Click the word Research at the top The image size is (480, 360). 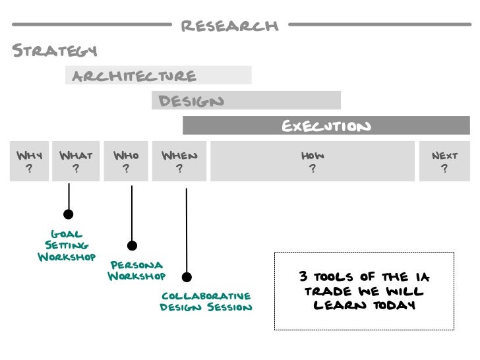pos(229,26)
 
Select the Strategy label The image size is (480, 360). pos(55,51)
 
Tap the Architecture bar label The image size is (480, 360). pos(134,76)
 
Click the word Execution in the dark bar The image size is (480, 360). pos(326,126)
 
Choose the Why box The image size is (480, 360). pos(28,162)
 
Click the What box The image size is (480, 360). pos(76,162)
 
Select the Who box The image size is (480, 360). pos(126,162)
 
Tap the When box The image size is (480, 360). pos(179,162)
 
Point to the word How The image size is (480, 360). pos(313,156)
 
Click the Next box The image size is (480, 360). pos(444,162)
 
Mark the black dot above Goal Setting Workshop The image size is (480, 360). pos(68,214)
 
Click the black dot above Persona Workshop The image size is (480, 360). pos(132,246)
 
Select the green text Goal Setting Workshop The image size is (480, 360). pos(67,245)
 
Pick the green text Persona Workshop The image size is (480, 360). pos(136,270)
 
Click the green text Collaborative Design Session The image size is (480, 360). pos(206,301)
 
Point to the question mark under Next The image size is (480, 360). pos(444,169)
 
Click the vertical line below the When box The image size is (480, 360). pos(187,231)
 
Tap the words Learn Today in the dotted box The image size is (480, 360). pos(364,306)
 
